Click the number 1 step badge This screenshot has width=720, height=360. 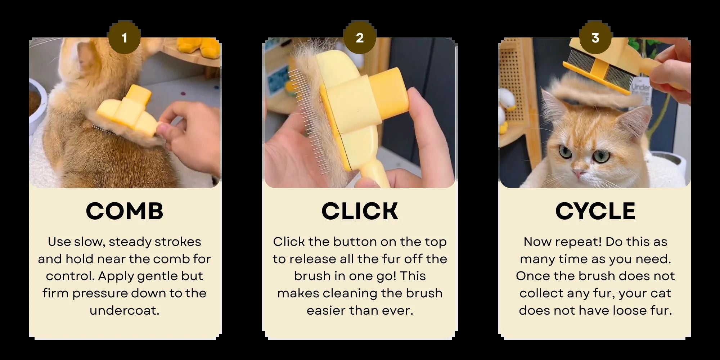124,38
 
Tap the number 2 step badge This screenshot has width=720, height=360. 360,38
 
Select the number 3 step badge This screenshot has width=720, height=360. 595,38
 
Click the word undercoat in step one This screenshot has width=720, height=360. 125,310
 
